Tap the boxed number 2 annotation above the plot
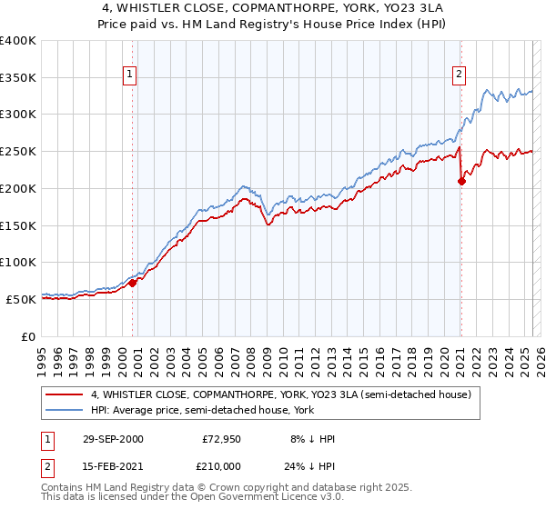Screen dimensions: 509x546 tap(460, 75)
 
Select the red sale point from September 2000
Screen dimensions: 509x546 tap(133, 283)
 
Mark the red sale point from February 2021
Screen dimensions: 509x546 tap(461, 181)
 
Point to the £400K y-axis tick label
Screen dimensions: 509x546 tap(18, 41)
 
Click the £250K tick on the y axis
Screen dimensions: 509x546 tap(18, 151)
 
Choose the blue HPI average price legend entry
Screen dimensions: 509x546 tap(228, 410)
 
